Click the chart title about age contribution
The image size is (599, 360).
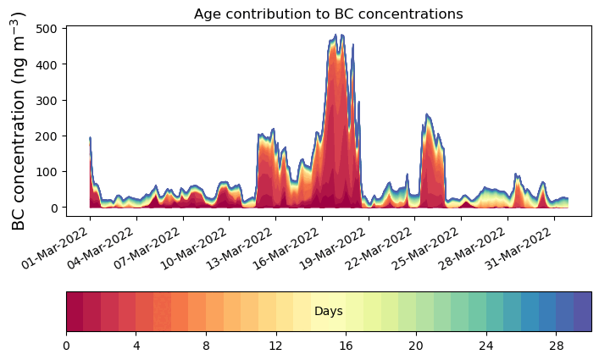tap(328, 14)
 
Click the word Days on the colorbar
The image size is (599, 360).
tap(328, 312)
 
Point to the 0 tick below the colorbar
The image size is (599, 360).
tap(66, 346)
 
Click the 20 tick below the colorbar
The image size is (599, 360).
tap(416, 346)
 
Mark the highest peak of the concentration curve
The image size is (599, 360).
tap(336, 35)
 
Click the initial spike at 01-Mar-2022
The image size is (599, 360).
tap(90, 137)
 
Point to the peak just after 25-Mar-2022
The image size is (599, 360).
tap(427, 114)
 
